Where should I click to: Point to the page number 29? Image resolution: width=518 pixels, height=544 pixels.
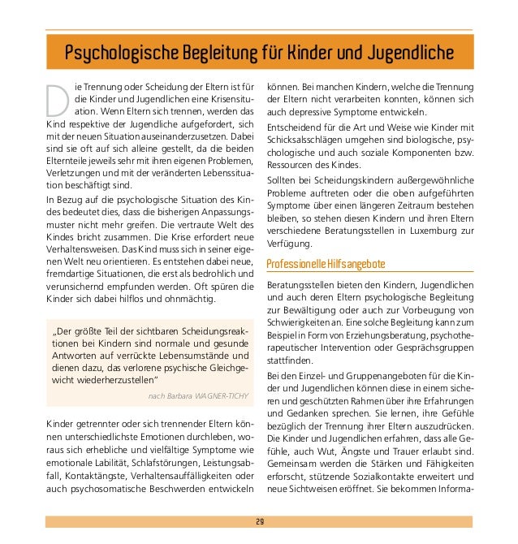point(259,520)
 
